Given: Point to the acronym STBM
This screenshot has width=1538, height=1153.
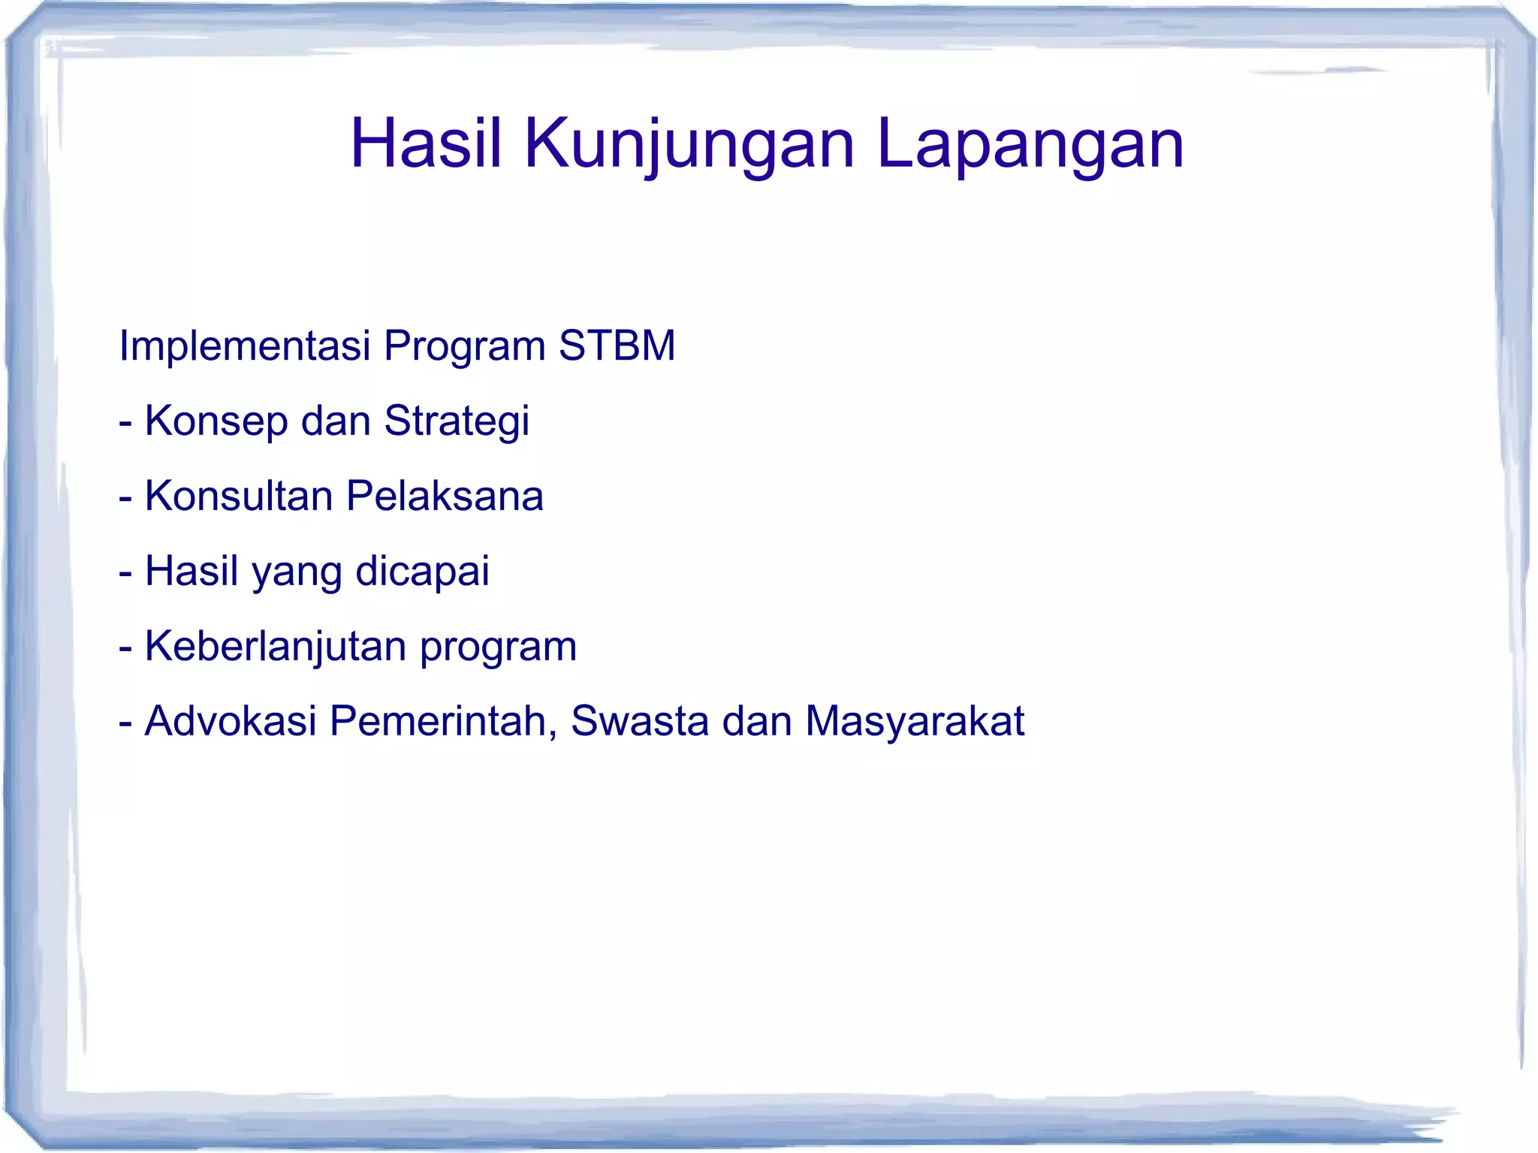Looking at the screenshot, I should [617, 346].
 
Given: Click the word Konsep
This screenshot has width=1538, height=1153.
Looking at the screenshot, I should [216, 422].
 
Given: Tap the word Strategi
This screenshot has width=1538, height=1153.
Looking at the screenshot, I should [457, 422].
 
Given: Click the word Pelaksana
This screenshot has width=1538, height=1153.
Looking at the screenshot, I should [445, 496].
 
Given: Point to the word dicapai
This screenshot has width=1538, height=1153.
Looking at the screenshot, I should [422, 572].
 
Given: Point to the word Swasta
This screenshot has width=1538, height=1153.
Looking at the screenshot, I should [640, 721].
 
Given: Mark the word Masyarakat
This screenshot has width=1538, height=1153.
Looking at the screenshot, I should [915, 723].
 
